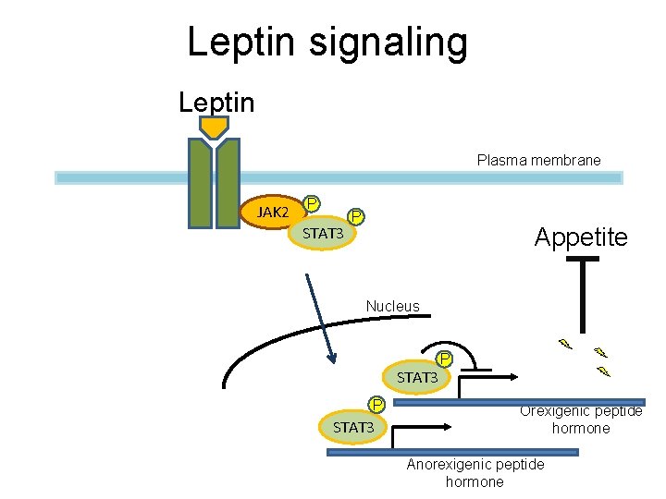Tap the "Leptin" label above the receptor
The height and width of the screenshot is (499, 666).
216,102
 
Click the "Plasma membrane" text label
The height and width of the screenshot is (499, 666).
538,160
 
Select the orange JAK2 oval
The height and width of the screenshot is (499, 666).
273,213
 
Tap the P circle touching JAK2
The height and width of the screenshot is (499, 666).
313,203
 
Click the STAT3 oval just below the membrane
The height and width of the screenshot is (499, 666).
324,234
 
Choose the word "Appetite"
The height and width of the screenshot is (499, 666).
580,237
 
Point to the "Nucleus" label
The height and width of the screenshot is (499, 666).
392,306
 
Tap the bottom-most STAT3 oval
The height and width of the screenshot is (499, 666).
353,427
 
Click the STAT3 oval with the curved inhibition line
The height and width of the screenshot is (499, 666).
417,377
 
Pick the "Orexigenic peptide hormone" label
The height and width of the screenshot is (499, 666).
581,420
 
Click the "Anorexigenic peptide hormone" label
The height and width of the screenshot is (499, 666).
475,472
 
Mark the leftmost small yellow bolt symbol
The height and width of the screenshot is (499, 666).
564,345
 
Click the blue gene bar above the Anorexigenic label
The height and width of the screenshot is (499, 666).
452,452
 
